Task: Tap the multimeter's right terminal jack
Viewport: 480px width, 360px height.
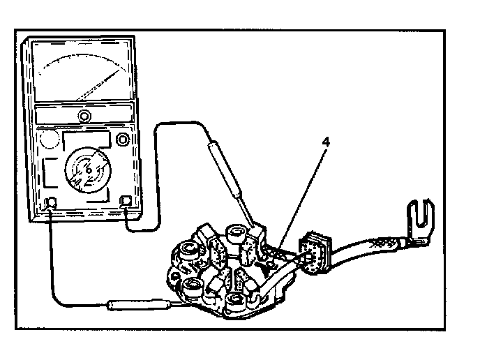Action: pos(127,202)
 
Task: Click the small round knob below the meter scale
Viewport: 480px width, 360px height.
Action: pos(84,115)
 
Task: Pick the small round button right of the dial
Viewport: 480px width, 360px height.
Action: pos(125,140)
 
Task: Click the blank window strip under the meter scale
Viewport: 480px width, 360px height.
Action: pos(84,116)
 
